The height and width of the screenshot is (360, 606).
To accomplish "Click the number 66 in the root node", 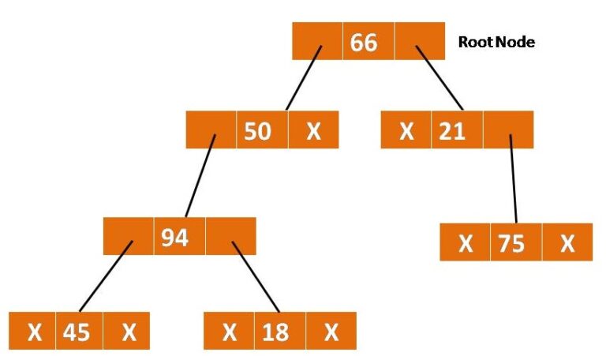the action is tap(363, 42).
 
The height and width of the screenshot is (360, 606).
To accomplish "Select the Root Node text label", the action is tap(496, 42).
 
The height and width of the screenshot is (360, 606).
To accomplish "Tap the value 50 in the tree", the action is tap(257, 131).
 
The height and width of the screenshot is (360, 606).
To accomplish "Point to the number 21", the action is tap(452, 131).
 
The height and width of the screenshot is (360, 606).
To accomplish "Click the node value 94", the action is tap(174, 238).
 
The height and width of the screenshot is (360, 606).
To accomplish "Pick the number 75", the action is tap(511, 244).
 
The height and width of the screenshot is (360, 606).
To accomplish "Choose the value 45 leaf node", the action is tap(76, 332).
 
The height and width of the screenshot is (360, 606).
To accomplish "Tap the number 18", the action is tap(275, 332).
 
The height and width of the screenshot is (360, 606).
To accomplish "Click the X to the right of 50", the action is tap(313, 131).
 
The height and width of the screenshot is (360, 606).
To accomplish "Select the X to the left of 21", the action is tap(406, 131).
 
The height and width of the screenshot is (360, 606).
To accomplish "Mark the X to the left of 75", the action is tap(466, 244).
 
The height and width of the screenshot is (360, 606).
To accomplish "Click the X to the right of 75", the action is tap(567, 244).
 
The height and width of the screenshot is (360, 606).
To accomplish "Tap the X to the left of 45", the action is tap(35, 332).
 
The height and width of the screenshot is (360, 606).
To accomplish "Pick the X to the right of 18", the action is tap(331, 332).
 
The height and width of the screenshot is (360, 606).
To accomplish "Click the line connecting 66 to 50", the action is tap(304, 78).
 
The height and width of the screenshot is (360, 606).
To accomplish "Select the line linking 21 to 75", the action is tap(514, 178).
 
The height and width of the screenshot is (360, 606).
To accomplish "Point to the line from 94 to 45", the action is tap(106, 276).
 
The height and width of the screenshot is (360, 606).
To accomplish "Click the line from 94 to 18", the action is tap(256, 277).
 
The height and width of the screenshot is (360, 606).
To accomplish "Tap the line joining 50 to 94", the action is tap(200, 176).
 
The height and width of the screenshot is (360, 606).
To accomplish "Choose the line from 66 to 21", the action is tap(440, 78).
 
